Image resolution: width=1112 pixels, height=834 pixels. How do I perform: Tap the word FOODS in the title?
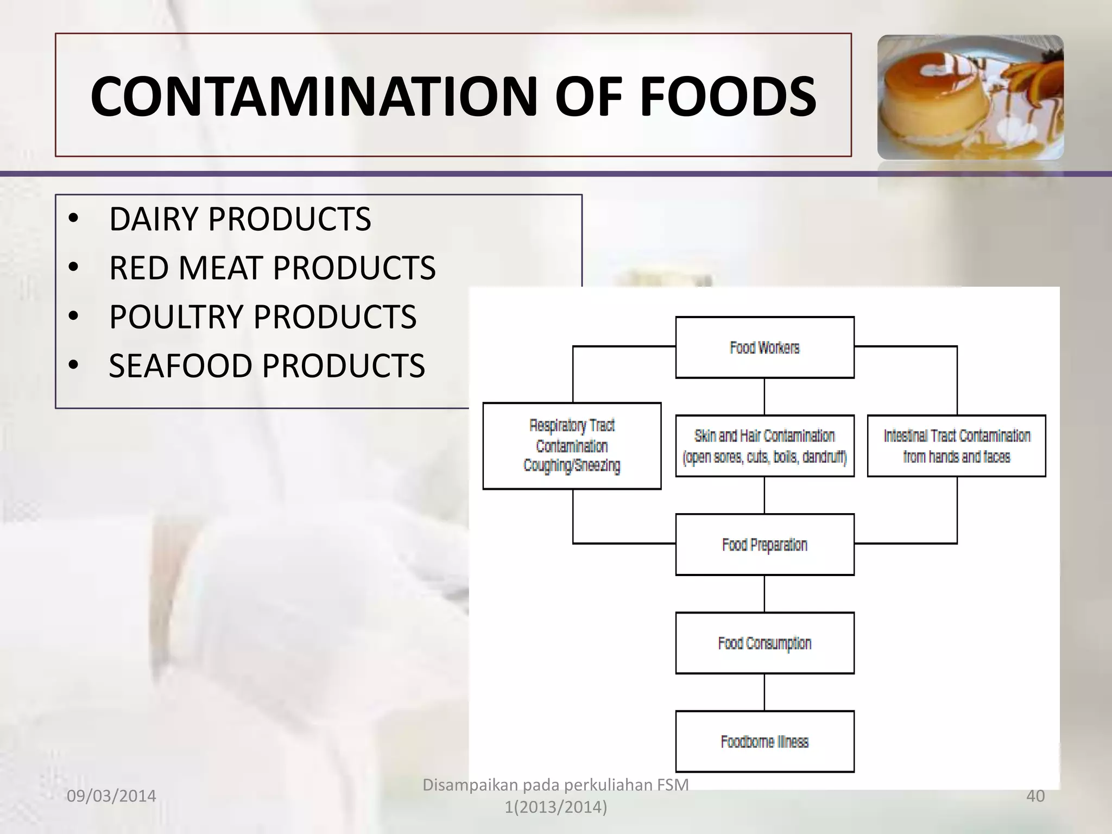click(728, 97)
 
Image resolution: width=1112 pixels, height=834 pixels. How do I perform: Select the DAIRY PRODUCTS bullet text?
click(240, 219)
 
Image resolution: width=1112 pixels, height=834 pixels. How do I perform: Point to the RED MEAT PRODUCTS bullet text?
click(272, 268)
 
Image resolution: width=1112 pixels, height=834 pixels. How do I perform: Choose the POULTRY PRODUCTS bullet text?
click(263, 317)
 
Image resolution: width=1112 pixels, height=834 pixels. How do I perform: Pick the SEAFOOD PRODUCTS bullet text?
click(267, 366)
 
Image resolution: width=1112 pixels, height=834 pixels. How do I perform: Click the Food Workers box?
click(764, 347)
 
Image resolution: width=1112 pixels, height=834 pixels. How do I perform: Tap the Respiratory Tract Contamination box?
click(572, 446)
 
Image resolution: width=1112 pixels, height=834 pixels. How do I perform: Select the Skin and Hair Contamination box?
click(764, 446)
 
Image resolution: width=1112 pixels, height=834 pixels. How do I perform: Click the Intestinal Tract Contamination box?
click(957, 446)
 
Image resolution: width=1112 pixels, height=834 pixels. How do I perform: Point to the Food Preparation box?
click(764, 545)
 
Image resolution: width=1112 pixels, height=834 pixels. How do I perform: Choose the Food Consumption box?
click(764, 643)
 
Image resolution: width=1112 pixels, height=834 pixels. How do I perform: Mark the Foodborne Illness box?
click(764, 742)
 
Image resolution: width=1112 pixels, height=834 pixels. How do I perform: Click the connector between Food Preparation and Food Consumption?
click(764, 594)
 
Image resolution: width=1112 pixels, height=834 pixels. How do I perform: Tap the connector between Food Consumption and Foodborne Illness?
click(764, 692)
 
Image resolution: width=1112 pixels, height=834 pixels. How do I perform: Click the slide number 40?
click(1035, 796)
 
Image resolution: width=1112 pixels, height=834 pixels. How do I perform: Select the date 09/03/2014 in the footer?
click(111, 796)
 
